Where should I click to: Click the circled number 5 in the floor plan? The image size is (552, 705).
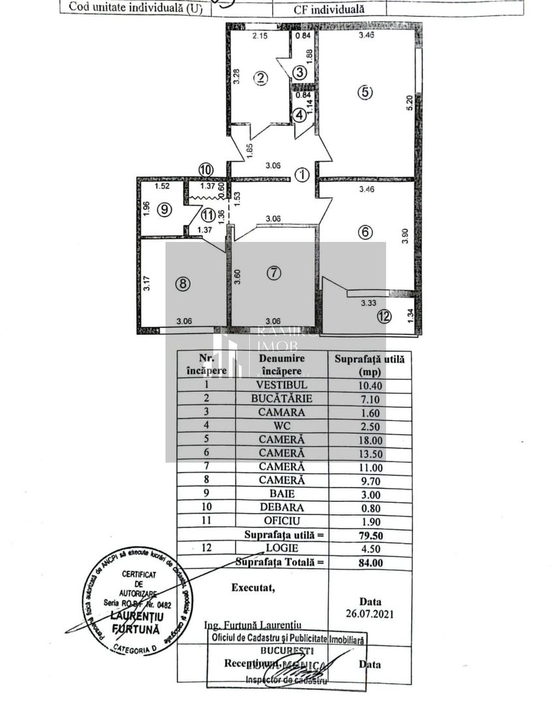tap(365, 93)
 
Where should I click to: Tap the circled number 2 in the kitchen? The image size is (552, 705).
tap(261, 78)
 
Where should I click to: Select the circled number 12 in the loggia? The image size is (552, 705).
tap(385, 317)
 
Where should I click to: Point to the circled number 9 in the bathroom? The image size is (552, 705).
tap(164, 210)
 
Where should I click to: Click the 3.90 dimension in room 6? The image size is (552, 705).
tap(405, 236)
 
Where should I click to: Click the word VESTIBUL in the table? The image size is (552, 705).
tap(281, 385)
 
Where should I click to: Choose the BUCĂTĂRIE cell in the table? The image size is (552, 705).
tap(281, 398)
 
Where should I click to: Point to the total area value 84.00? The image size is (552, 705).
tap(369, 562)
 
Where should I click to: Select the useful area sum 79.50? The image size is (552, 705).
tap(369, 535)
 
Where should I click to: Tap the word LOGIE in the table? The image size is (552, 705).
tap(281, 548)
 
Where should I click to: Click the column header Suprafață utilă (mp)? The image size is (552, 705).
tap(369, 364)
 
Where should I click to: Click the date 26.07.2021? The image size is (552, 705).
tap(370, 614)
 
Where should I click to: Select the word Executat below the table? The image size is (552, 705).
tap(253, 587)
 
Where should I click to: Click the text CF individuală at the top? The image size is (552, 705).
tap(329, 9)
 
